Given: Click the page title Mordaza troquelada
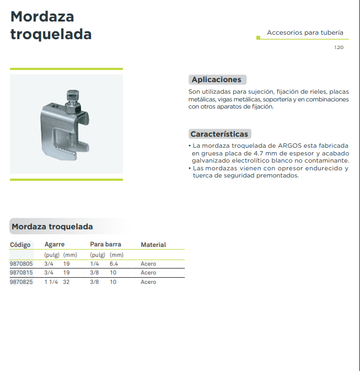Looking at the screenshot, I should (51, 25).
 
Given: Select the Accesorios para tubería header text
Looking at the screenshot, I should (305, 33).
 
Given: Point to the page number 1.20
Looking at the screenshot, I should (338, 48).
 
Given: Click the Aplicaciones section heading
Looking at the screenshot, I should (216, 79).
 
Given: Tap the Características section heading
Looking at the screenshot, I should (219, 134).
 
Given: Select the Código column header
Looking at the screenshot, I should (20, 245).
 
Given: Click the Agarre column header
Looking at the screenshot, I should (55, 244).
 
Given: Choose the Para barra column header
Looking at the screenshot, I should (105, 244).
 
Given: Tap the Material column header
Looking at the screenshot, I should (153, 245).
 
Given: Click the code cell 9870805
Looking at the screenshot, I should (22, 264).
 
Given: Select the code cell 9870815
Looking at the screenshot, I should (22, 272).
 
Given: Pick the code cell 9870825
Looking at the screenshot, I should (22, 282).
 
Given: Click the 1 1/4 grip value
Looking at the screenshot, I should (51, 282).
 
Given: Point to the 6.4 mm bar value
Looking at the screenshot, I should (114, 264).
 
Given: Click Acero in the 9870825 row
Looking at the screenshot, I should (148, 282).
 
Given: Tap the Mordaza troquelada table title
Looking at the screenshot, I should (52, 227).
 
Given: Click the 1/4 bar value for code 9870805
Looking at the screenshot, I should (95, 264).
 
